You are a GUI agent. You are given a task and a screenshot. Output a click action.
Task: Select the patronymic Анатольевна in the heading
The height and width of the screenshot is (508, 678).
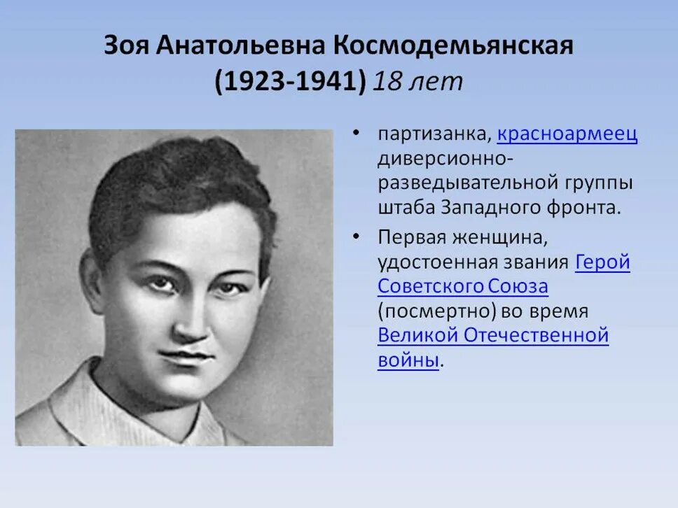(240, 46)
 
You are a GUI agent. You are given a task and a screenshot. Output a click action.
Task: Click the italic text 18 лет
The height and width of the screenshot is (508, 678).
(417, 82)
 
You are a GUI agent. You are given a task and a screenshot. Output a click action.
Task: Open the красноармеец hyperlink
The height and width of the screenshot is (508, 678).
(567, 134)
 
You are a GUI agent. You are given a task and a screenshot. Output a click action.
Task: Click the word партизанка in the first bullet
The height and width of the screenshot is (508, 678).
(434, 134)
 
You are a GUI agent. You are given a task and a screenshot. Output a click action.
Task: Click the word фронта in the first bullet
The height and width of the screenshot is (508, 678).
(585, 207)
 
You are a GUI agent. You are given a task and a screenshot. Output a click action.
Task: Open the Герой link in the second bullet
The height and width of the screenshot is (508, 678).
(602, 262)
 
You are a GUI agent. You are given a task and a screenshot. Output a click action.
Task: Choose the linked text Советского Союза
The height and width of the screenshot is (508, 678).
(462, 286)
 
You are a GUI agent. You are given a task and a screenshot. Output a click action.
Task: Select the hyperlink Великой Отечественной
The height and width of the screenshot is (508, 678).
(493, 335)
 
